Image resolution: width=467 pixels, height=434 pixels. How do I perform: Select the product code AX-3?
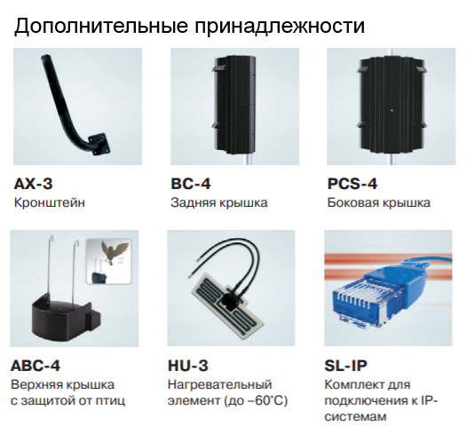coord(34,185)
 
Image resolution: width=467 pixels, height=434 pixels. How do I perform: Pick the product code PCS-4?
coord(352,185)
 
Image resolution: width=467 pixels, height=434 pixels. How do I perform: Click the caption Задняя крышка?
coord(218,203)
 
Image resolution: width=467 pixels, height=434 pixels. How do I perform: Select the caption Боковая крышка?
coord(378,203)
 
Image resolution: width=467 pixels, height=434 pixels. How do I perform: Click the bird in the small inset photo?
coord(113,253)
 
